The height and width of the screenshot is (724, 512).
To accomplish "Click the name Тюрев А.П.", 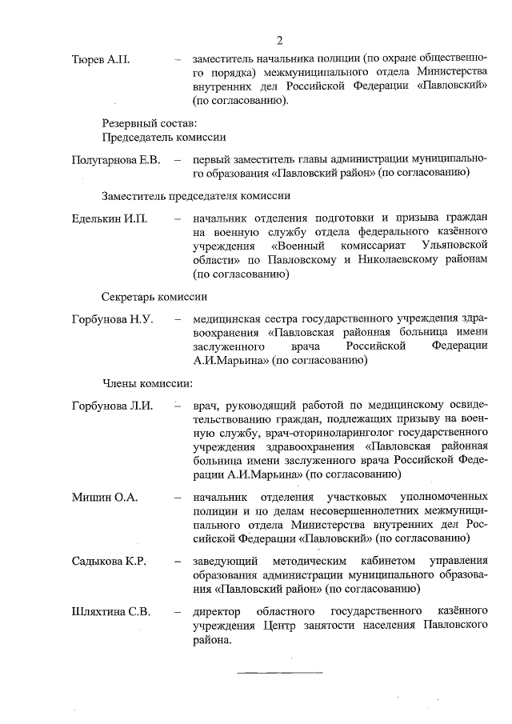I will (x=101, y=60).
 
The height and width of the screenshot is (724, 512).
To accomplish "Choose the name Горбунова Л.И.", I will (x=113, y=405).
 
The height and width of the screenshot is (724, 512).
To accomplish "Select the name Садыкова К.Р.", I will (x=109, y=561).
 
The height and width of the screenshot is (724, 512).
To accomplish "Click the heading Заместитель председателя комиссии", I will (x=195, y=195).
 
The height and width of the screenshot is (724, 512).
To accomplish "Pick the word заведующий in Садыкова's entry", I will (x=227, y=561).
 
